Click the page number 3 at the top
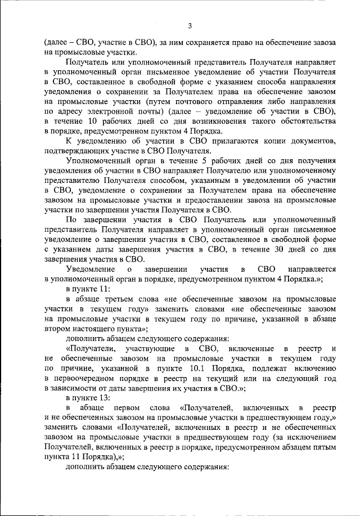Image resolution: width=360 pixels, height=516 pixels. tap(190, 25)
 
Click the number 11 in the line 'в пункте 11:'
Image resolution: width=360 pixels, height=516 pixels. tap(101, 288)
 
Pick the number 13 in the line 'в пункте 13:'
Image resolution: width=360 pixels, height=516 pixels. tap(101, 397)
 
